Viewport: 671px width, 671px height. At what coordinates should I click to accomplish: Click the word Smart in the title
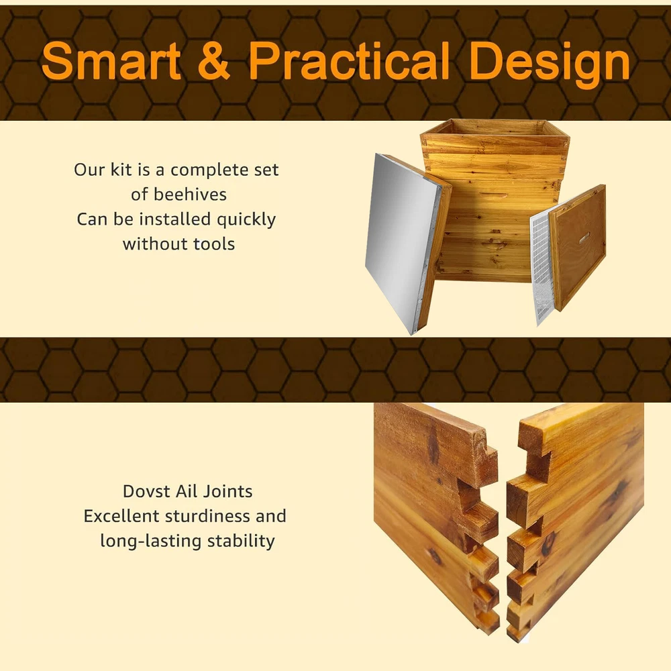[111, 61]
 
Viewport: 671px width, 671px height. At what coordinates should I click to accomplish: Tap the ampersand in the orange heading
[214, 61]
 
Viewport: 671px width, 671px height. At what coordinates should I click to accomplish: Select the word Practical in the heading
[349, 60]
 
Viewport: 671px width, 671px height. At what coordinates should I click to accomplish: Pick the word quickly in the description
[246, 220]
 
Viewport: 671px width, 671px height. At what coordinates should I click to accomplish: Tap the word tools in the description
[214, 244]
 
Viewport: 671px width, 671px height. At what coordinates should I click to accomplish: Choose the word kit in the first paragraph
[121, 170]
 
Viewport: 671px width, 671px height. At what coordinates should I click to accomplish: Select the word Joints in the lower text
[227, 491]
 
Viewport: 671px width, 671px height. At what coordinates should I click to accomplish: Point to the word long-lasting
[150, 541]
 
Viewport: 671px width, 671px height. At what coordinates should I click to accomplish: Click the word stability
[241, 541]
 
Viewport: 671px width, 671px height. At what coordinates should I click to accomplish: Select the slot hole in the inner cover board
[584, 239]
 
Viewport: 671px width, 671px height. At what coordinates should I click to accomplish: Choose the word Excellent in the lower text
[121, 516]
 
